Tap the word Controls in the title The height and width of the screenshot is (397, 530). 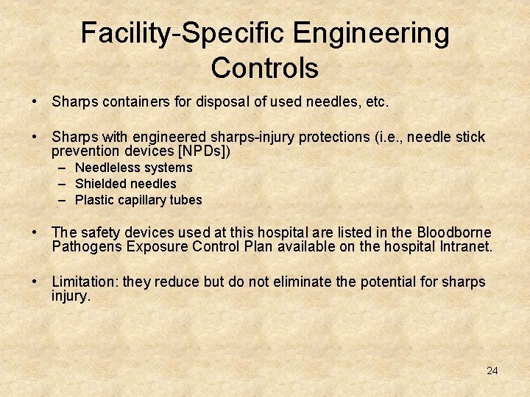click(264, 68)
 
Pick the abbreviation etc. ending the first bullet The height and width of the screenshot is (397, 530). click(376, 101)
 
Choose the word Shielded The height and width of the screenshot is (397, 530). click(100, 184)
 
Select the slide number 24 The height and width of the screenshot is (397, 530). click(492, 371)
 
